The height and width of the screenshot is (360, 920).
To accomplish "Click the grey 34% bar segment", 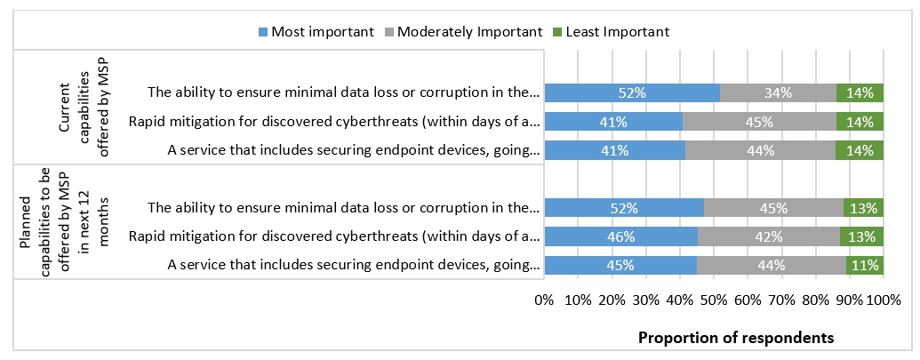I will tap(778, 92).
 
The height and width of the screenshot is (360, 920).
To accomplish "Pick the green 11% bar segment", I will tap(865, 265).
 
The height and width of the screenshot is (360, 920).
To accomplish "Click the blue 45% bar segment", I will tap(620, 265).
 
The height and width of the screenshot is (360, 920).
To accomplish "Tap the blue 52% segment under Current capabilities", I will tap(632, 92).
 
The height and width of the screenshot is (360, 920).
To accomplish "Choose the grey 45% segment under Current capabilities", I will tap(759, 121).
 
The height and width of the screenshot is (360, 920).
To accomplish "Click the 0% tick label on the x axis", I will tap(545, 300).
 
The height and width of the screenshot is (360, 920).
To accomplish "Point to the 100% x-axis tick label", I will tap(884, 300).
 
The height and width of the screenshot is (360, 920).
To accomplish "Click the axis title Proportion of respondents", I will tap(736, 338).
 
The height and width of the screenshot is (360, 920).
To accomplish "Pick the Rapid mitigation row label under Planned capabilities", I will tap(334, 236).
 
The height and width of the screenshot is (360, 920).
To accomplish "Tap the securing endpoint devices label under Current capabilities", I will tap(353, 149).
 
